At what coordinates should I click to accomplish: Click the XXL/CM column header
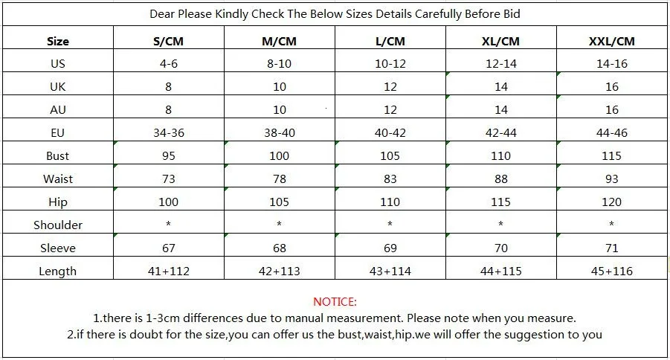[611, 42]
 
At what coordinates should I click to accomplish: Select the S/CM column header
[168, 42]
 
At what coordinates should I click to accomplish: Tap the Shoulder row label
[58, 225]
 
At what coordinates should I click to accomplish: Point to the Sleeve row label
[58, 248]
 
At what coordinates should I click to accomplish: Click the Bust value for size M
[279, 155]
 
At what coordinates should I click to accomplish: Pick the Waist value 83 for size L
[390, 179]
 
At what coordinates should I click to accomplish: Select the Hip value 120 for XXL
[611, 202]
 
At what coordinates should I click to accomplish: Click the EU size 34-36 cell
[169, 132]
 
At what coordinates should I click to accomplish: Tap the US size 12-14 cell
[501, 64]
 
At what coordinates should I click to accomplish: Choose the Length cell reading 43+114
[390, 271]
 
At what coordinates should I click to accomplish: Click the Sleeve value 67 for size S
[168, 248]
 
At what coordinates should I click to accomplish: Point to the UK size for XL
[500, 87]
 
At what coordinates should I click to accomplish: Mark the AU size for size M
[280, 110]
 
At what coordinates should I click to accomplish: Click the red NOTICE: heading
[335, 302]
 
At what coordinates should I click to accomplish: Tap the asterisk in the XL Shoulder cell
[500, 224]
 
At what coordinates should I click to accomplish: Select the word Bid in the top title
[512, 14]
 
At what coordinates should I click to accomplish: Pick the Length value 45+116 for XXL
[611, 271]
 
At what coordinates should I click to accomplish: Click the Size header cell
[58, 42]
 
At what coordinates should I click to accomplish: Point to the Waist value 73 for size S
[168, 179]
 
